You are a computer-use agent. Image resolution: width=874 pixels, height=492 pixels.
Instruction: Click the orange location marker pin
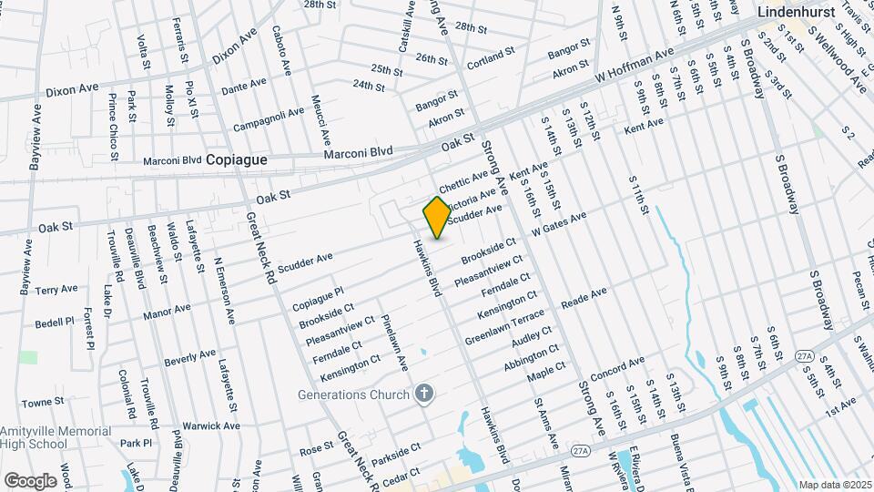pyautogui.click(x=437, y=217)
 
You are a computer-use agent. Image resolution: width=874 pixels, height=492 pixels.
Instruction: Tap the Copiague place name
pyautogui.click(x=237, y=159)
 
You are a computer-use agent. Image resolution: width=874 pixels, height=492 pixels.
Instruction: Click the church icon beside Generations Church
pyautogui.click(x=422, y=394)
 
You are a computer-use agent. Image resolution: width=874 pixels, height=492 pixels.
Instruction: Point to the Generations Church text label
pyautogui.click(x=356, y=395)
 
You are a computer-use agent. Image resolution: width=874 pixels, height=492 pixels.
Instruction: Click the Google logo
pyautogui.click(x=30, y=480)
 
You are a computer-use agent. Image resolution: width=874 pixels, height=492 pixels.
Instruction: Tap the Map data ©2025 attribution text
pyautogui.click(x=834, y=485)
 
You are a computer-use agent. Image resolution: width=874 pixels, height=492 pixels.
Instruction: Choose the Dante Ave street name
pyautogui.click(x=244, y=86)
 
